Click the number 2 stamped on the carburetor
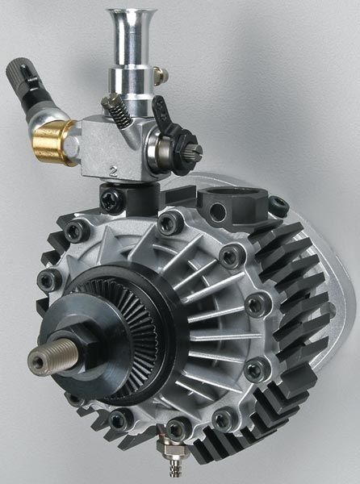click(x=115, y=170)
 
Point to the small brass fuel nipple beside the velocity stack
click(x=160, y=75)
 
